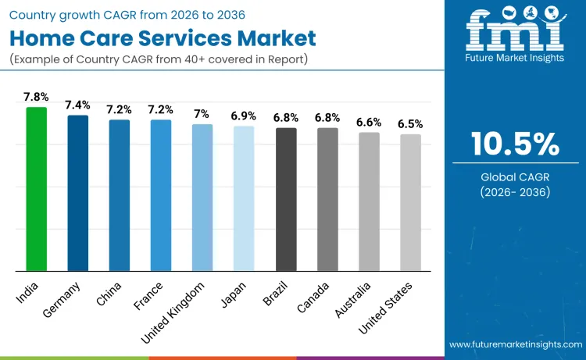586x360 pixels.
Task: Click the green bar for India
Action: pyautogui.click(x=37, y=189)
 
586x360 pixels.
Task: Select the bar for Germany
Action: pyautogui.click(x=78, y=193)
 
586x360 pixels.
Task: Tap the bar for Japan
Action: pyautogui.click(x=244, y=198)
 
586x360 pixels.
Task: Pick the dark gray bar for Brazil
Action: pyautogui.click(x=286, y=199)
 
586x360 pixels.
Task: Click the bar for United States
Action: pyautogui.click(x=410, y=202)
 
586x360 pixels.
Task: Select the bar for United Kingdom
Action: pyautogui.click(x=202, y=198)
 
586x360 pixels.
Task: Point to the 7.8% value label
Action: pyautogui.click(x=36, y=97)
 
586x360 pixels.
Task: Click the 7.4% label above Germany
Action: pyautogui.click(x=77, y=105)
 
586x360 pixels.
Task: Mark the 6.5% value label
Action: pyautogui.click(x=410, y=124)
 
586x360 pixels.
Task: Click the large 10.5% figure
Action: pyautogui.click(x=515, y=144)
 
